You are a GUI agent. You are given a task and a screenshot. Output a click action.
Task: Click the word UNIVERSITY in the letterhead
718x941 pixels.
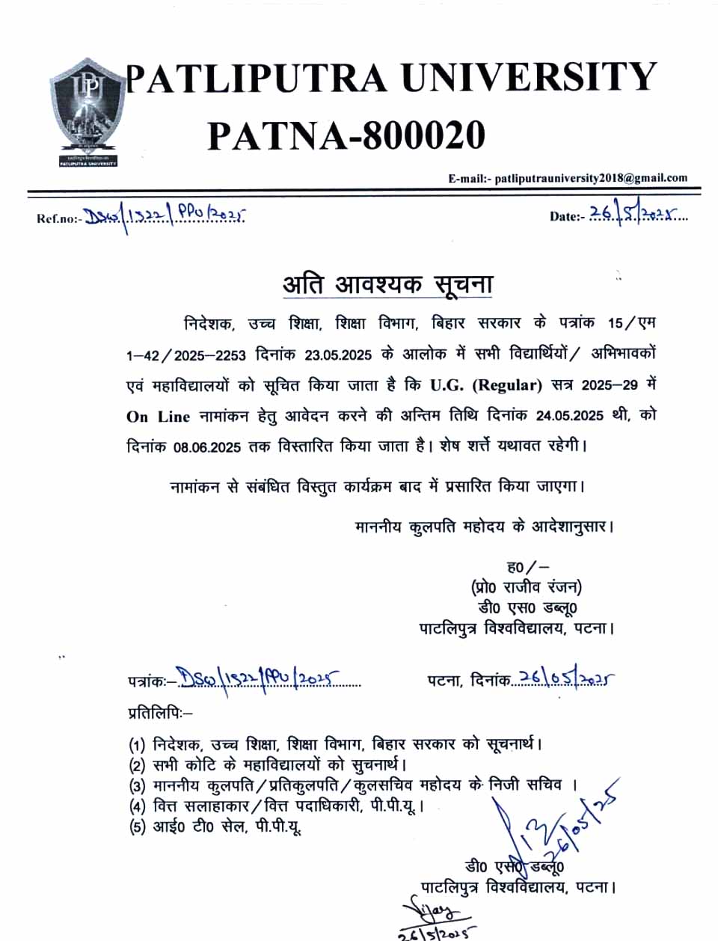530,78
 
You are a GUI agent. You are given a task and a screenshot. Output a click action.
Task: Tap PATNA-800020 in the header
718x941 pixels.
346,135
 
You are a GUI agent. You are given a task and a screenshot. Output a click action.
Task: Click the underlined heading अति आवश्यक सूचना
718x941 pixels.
387,284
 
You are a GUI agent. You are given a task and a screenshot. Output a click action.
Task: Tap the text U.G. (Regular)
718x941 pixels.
485,385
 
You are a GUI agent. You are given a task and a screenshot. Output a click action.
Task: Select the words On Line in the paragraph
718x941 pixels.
158,417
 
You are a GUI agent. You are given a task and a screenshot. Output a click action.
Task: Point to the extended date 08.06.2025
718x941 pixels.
206,447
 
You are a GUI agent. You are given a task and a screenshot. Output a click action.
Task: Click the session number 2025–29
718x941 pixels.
610,385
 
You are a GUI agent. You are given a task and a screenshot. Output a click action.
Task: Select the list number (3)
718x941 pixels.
137,786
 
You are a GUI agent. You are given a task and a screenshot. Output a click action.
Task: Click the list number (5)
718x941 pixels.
137,827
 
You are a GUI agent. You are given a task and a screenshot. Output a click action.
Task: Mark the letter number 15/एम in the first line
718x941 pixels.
631,323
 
